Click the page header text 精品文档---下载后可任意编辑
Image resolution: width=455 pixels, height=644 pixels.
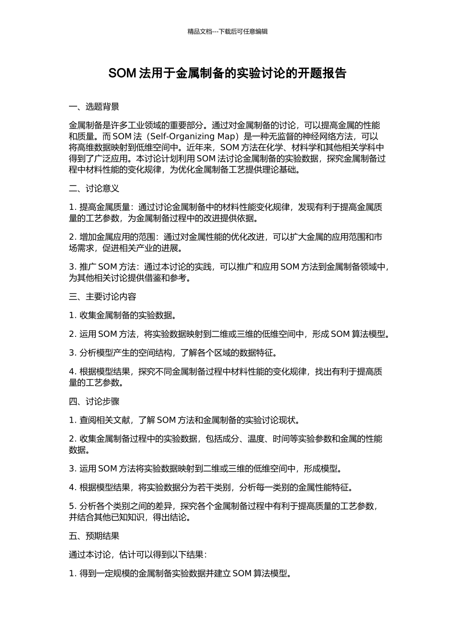pyautogui.click(x=227, y=32)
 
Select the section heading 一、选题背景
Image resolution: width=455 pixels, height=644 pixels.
pyautogui.click(x=94, y=107)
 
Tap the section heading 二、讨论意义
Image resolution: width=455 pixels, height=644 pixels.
pyautogui.click(x=94, y=189)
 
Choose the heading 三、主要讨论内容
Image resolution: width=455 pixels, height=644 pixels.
pyautogui.click(x=102, y=297)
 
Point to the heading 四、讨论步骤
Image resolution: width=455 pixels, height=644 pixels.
pyautogui.click(x=94, y=402)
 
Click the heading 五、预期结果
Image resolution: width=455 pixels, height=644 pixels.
pyautogui.click(x=94, y=536)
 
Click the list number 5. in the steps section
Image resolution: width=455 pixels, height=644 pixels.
pyautogui.click(x=73, y=506)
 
